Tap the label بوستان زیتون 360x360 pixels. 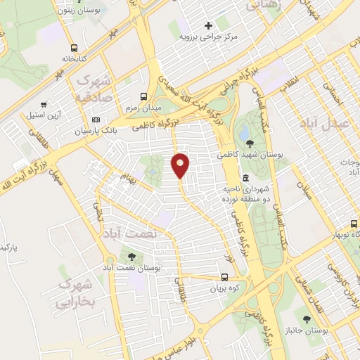coord(95,11)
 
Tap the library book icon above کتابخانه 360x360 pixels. coord(74,48)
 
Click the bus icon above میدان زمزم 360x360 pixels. coord(144,96)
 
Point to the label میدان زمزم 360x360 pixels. coord(144,108)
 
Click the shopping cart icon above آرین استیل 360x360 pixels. coord(44,103)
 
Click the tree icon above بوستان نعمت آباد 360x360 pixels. coord(131,257)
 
